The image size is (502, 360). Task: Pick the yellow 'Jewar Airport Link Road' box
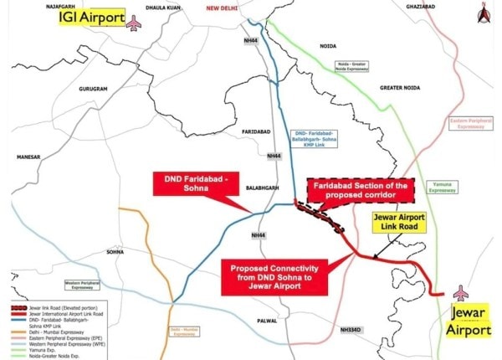click(399, 226)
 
